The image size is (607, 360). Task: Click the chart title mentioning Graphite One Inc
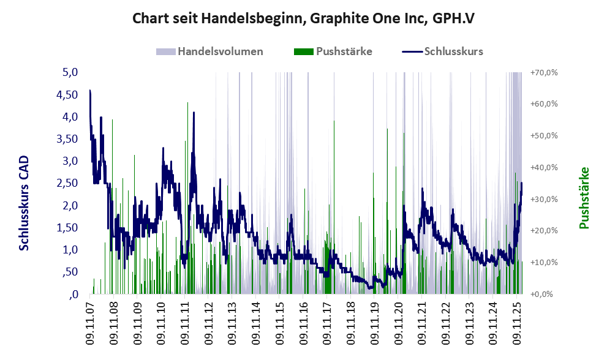click(304, 18)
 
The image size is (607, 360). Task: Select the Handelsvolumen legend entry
click(220, 51)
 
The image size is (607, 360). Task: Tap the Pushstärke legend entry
click(344, 51)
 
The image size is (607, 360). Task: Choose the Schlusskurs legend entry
click(453, 51)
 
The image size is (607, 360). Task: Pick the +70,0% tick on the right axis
click(543, 72)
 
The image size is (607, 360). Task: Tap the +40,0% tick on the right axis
click(543, 167)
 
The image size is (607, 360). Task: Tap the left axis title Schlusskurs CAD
click(24, 203)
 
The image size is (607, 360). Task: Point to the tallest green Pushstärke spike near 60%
click(187, 104)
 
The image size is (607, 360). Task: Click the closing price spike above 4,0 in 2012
click(194, 113)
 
